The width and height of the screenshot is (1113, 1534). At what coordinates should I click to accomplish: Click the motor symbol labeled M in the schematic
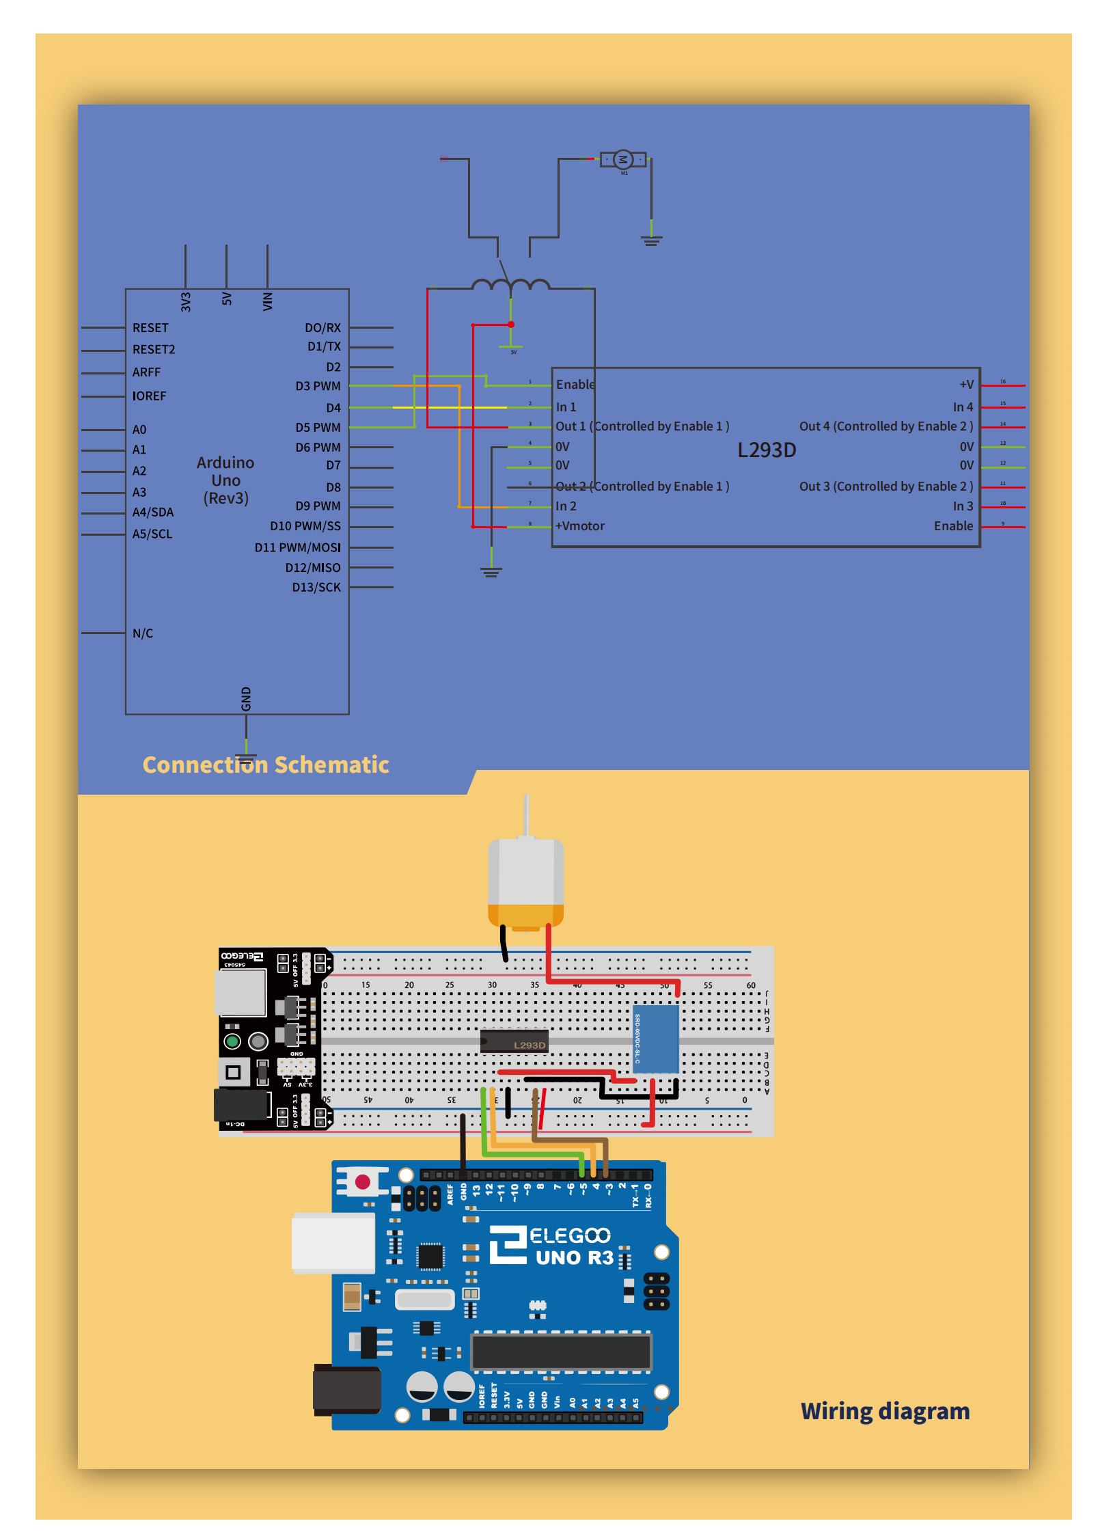click(622, 160)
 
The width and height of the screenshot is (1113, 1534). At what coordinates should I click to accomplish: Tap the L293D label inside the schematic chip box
click(767, 450)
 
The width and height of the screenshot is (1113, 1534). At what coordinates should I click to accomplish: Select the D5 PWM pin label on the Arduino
click(318, 428)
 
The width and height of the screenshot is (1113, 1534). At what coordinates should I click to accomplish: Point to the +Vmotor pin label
click(580, 526)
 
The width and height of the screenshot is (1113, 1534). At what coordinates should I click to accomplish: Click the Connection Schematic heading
click(266, 765)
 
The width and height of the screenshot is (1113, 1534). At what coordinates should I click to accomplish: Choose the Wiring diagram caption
click(885, 1411)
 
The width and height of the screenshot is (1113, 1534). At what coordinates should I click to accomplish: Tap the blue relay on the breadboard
click(656, 1038)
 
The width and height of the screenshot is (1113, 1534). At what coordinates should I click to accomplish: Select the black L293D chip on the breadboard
click(514, 1041)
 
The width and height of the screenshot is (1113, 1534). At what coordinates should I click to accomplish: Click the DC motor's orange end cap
click(525, 915)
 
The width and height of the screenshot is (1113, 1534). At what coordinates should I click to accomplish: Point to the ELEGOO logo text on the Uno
click(570, 1236)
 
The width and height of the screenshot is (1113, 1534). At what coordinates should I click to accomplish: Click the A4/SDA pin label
click(153, 512)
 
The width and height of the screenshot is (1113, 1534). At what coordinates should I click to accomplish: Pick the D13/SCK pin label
click(316, 588)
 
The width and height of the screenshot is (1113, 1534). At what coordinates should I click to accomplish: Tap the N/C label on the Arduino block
click(143, 633)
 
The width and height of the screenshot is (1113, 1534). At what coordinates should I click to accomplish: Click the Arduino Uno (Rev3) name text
click(225, 480)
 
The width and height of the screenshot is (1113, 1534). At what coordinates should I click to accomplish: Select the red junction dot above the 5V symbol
click(511, 325)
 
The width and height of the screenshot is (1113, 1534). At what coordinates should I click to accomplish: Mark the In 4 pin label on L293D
click(963, 407)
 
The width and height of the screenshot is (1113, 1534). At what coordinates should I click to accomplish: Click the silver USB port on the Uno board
click(333, 1243)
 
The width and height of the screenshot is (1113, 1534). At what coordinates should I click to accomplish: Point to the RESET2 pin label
click(154, 350)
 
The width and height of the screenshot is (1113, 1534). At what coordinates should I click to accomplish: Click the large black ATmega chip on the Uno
click(561, 1352)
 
